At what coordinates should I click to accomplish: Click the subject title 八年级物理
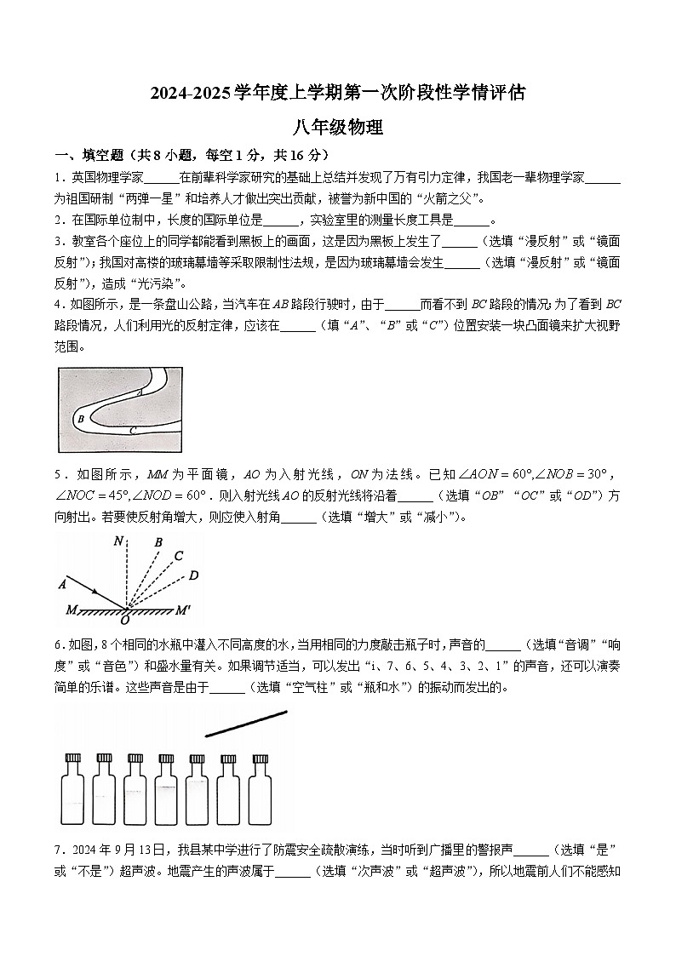click(x=338, y=129)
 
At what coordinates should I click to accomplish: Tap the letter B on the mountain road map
click(x=80, y=418)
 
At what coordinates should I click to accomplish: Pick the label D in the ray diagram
click(x=193, y=575)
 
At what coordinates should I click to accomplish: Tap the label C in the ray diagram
click(x=178, y=556)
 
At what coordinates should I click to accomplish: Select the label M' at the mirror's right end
click(x=184, y=610)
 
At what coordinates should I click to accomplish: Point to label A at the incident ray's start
click(x=62, y=584)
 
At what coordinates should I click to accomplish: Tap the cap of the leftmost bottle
click(x=73, y=758)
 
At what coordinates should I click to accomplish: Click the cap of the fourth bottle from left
click(x=166, y=758)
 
